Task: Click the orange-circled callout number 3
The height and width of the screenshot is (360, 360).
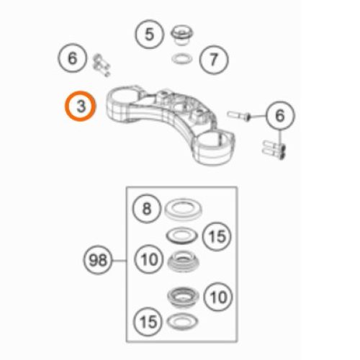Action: [81, 106]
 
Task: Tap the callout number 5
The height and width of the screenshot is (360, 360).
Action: [149, 35]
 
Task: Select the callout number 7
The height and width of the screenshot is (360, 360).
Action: [214, 60]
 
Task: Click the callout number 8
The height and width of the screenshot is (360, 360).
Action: [147, 209]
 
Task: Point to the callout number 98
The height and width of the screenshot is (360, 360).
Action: [98, 260]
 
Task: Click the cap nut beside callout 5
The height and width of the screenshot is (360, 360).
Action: [182, 35]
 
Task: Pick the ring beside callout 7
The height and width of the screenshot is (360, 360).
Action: [182, 58]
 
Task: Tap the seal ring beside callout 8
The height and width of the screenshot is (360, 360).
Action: [183, 209]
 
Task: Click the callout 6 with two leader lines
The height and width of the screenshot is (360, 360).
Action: [280, 116]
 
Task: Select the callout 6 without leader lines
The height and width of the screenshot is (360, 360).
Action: [72, 58]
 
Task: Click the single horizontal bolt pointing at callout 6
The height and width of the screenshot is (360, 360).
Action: [239, 115]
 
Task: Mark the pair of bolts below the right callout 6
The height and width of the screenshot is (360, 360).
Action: [274, 148]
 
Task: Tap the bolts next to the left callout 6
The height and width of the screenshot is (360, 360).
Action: [101, 66]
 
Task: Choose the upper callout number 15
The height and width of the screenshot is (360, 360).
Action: [217, 236]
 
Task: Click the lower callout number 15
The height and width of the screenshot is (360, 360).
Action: [148, 322]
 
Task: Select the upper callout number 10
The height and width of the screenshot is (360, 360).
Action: [149, 259]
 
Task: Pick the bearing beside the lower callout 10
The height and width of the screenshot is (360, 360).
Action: [184, 297]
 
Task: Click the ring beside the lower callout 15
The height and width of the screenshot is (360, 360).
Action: [182, 321]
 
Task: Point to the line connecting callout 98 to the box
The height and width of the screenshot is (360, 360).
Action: [120, 261]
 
